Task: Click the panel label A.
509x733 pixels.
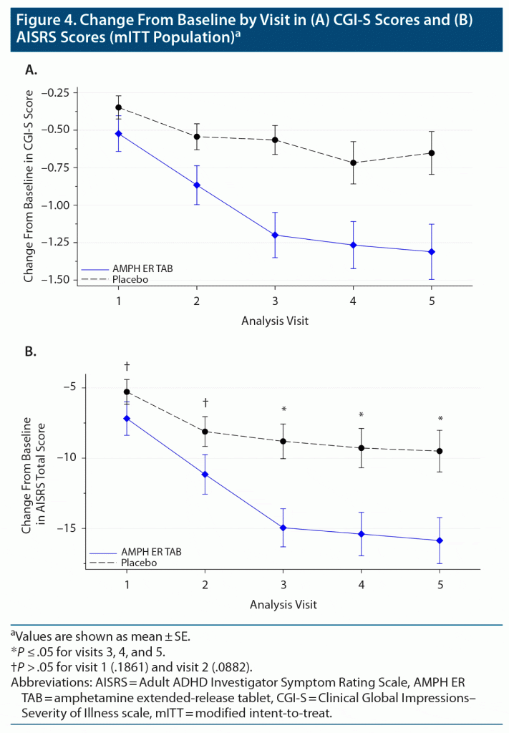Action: [x=31, y=69]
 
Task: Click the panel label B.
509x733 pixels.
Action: [x=31, y=351]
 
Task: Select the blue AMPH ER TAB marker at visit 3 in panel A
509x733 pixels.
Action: [x=276, y=235]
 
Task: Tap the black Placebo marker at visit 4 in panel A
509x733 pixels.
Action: [x=354, y=162]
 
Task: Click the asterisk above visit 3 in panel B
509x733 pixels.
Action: [x=283, y=409]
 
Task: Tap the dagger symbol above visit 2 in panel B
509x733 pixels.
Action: [x=205, y=402]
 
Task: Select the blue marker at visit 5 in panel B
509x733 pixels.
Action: [x=440, y=540]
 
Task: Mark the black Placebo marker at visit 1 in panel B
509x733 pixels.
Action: [x=127, y=392]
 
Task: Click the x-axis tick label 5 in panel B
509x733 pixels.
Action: [x=440, y=584]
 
